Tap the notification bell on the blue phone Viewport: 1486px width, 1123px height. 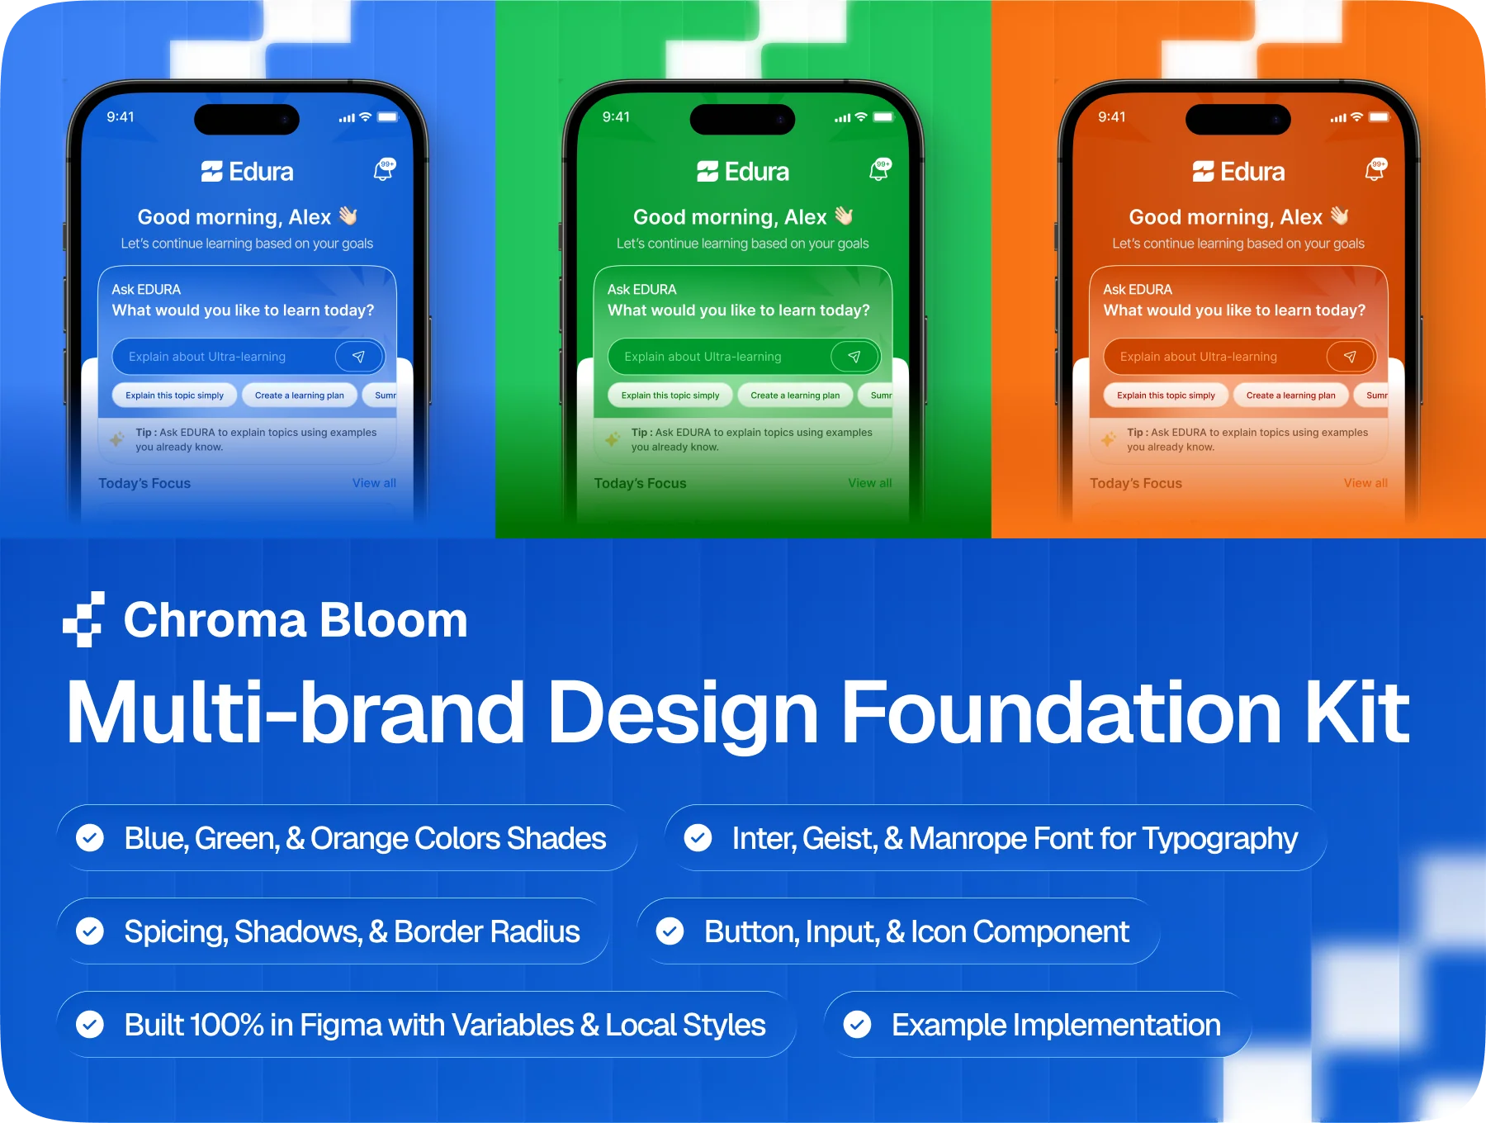pos(384,170)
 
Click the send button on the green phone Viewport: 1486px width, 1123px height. pos(854,357)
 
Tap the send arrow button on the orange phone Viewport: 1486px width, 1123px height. pos(1350,357)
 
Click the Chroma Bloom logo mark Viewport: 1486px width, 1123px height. pos(83,619)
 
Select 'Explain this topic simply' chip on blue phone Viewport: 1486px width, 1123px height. pos(174,396)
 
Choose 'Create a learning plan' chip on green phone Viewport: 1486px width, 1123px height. pos(795,396)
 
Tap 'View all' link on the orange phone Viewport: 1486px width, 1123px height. pos(1365,483)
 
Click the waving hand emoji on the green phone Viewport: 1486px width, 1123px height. pos(844,216)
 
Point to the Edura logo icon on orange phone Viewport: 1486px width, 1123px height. pos(1203,172)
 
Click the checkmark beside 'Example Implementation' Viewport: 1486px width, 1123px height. pos(857,1025)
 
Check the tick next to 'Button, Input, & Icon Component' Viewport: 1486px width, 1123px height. pos(670,931)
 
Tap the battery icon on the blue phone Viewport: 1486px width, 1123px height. pos(388,117)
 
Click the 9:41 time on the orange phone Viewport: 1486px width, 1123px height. pos(1111,117)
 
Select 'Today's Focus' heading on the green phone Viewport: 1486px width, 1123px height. pos(640,483)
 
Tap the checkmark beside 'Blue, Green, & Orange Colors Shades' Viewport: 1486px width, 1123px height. pos(89,838)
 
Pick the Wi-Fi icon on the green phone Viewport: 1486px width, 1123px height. pos(861,117)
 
